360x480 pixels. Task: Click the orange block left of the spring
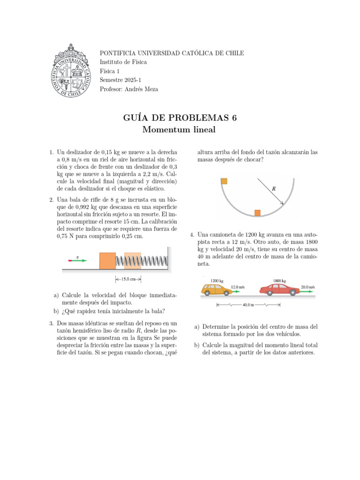[x=107, y=261]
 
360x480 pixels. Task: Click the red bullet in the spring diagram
[x=71, y=261]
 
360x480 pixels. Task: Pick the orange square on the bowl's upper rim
[x=224, y=181]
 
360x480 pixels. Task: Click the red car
[x=280, y=290]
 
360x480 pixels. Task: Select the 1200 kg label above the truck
[x=217, y=281]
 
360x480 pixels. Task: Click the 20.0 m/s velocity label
[x=307, y=286]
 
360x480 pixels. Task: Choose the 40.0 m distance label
[x=248, y=305]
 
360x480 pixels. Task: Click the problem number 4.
[x=192, y=235]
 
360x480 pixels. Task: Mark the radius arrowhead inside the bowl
[x=283, y=203]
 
